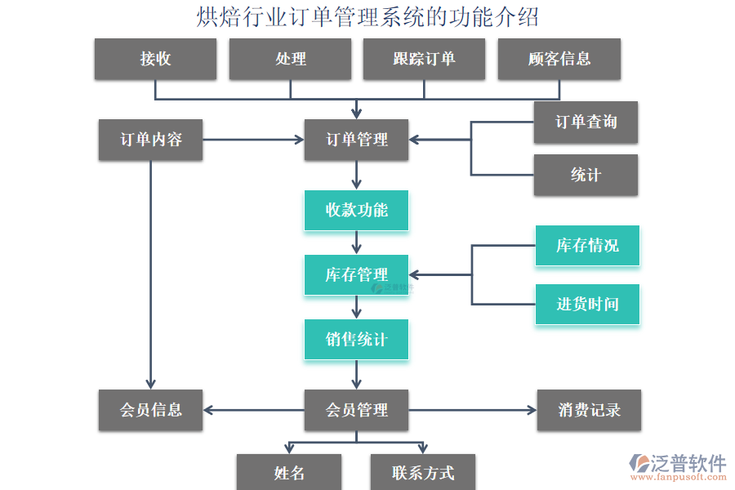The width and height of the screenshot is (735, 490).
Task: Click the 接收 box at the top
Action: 155,59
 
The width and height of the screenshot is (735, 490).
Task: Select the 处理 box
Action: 290,59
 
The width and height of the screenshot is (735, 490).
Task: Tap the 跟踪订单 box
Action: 424,59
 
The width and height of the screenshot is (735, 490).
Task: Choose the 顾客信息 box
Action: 559,59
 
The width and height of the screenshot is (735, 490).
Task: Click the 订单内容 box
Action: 150,140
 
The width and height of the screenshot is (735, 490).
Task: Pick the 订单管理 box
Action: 356,140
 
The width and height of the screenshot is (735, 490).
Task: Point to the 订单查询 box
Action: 586,122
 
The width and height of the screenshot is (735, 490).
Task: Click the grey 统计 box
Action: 586,175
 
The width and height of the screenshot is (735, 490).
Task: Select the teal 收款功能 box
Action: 356,210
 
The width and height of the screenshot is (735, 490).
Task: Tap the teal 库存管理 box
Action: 356,274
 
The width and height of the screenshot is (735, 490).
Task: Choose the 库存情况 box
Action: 587,246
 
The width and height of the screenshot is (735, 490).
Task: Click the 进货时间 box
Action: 587,305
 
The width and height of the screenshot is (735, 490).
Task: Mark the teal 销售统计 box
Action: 356,339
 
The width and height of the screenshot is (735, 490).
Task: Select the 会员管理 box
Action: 356,410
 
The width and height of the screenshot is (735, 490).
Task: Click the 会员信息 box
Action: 150,410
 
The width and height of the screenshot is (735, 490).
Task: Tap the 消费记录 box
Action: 589,410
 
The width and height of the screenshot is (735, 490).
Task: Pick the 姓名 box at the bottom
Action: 289,473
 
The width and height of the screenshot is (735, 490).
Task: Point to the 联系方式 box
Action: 422,473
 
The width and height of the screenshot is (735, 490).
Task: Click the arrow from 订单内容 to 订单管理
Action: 253,140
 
